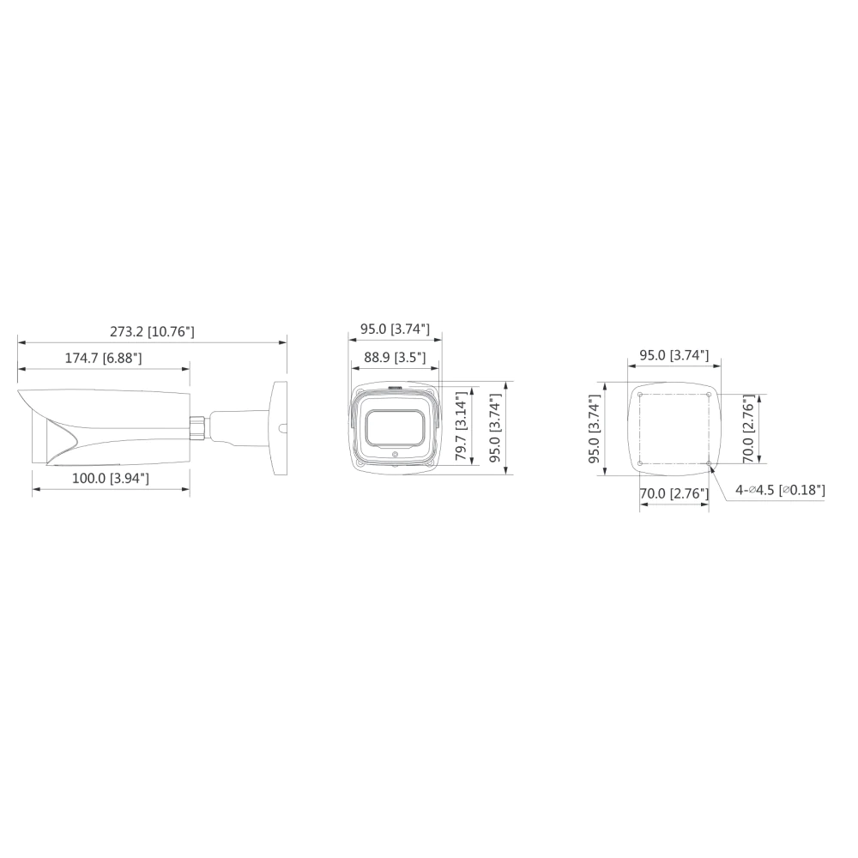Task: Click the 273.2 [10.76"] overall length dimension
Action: tap(152, 331)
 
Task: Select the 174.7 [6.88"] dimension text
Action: tap(104, 358)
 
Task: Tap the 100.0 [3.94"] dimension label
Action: tap(111, 478)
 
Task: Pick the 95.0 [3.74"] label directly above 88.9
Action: tap(395, 329)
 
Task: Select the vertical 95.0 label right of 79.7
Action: tap(495, 428)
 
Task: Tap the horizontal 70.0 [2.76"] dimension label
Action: tap(674, 493)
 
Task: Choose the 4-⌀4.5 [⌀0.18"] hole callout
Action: tap(780, 490)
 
